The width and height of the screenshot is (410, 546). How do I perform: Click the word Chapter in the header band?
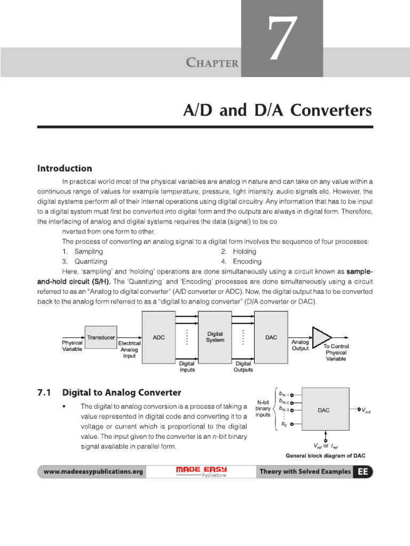(x=212, y=63)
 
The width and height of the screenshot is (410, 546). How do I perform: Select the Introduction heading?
(x=65, y=168)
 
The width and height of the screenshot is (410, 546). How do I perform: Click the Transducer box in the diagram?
(x=101, y=338)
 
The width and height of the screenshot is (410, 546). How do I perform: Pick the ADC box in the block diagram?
(x=159, y=338)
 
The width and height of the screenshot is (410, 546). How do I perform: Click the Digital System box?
(x=215, y=337)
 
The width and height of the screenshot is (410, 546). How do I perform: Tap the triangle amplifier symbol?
(x=321, y=337)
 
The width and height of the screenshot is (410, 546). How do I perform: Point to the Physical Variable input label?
(x=72, y=346)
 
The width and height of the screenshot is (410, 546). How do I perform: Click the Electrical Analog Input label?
(x=129, y=350)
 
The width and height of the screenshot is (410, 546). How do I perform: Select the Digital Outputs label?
(x=243, y=366)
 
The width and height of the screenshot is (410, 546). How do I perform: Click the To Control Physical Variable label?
(x=336, y=352)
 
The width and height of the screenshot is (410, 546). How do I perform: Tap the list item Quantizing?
(x=90, y=261)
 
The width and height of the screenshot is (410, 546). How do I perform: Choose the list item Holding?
(x=245, y=251)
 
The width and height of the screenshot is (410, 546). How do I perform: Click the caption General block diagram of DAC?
(x=325, y=456)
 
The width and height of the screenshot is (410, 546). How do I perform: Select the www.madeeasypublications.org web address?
(x=93, y=472)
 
